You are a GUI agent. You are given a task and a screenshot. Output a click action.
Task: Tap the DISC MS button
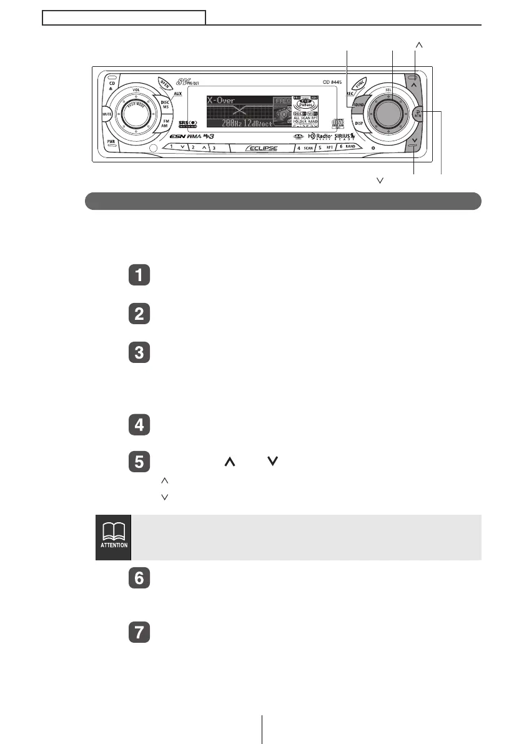click(165, 105)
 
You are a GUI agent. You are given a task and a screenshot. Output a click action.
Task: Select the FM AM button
click(166, 124)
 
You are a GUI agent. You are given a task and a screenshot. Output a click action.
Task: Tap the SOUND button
click(358, 104)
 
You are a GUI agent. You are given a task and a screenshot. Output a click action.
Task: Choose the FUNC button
click(360, 84)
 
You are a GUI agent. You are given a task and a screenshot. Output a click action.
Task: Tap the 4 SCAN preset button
click(304, 148)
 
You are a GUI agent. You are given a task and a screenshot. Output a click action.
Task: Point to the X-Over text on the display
click(217, 100)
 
